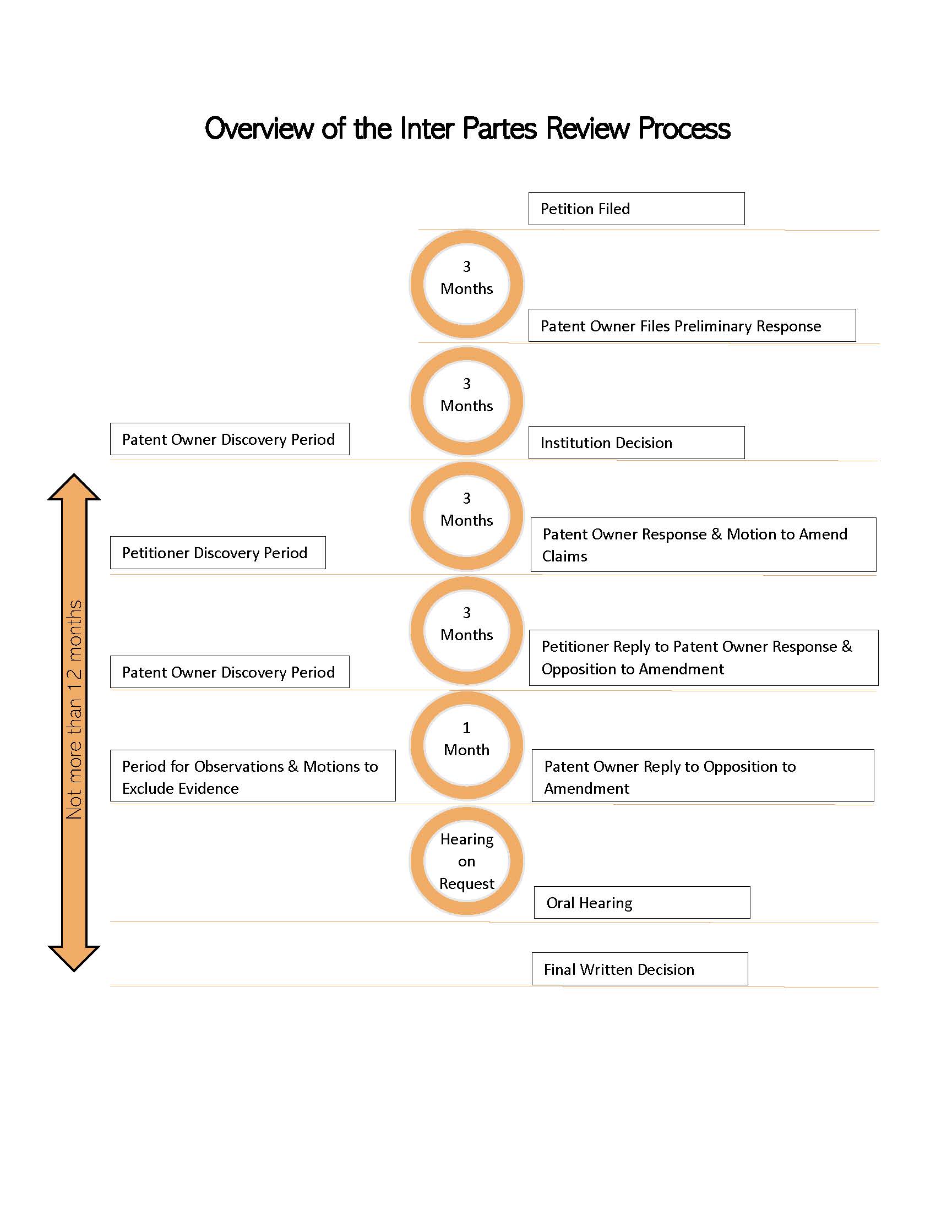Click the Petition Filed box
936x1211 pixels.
636,209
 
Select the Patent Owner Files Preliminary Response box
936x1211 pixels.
692,325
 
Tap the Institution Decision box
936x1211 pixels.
636,443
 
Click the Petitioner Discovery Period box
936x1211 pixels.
217,552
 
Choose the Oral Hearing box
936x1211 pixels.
641,902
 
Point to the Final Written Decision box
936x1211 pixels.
639,969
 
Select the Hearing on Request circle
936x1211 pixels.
466,860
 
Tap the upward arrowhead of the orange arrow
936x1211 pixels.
74,488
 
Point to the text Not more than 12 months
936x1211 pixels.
74,710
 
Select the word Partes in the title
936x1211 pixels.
499,129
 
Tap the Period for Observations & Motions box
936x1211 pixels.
252,776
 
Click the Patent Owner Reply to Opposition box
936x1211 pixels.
703,776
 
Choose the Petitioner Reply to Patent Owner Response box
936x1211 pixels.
703,658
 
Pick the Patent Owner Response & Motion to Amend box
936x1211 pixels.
703,544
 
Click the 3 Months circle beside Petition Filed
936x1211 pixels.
466,284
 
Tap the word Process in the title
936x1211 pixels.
684,129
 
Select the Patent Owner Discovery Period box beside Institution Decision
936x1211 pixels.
229,439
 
